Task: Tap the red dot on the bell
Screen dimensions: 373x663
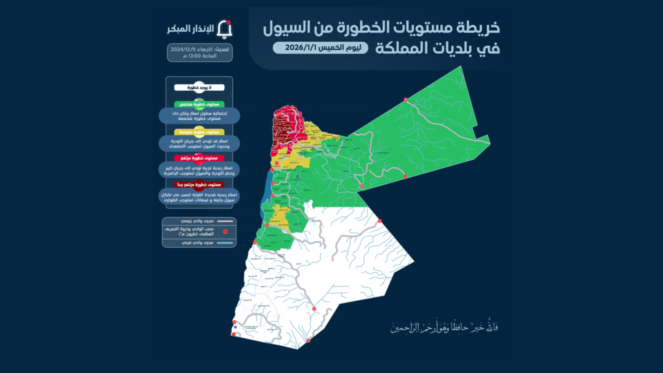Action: tap(228, 22)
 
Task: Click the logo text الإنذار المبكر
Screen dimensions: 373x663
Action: tap(190, 29)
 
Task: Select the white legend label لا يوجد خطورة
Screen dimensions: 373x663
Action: tap(199, 88)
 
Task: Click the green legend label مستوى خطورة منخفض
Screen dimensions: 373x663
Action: tap(199, 104)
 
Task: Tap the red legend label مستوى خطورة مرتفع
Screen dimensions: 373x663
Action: tap(199, 158)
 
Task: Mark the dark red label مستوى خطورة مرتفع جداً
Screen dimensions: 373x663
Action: tap(199, 185)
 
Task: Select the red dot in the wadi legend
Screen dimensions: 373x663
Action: tap(225, 232)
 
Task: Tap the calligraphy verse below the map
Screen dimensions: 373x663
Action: tap(444, 327)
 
